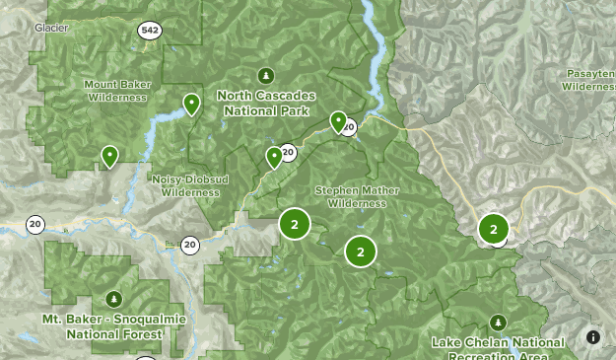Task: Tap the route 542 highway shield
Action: [149, 31]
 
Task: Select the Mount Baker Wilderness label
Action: [116, 91]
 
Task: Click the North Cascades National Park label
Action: [266, 102]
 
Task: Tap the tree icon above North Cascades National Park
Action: [265, 75]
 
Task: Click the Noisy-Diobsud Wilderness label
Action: [185, 185]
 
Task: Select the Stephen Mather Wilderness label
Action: [350, 196]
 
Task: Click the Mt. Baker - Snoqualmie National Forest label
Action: [102, 326]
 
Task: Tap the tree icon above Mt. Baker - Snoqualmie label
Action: [113, 299]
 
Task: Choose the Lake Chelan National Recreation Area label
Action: [498, 347]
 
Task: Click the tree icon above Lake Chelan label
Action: [498, 323]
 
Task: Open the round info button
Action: [593, 336]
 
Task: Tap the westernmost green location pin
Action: [109, 156]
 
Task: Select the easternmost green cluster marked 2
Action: [493, 229]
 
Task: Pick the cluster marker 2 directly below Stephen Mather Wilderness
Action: [361, 252]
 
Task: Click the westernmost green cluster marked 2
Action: [294, 224]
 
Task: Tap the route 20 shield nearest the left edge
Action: [35, 224]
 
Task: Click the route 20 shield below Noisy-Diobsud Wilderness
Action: [189, 244]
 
